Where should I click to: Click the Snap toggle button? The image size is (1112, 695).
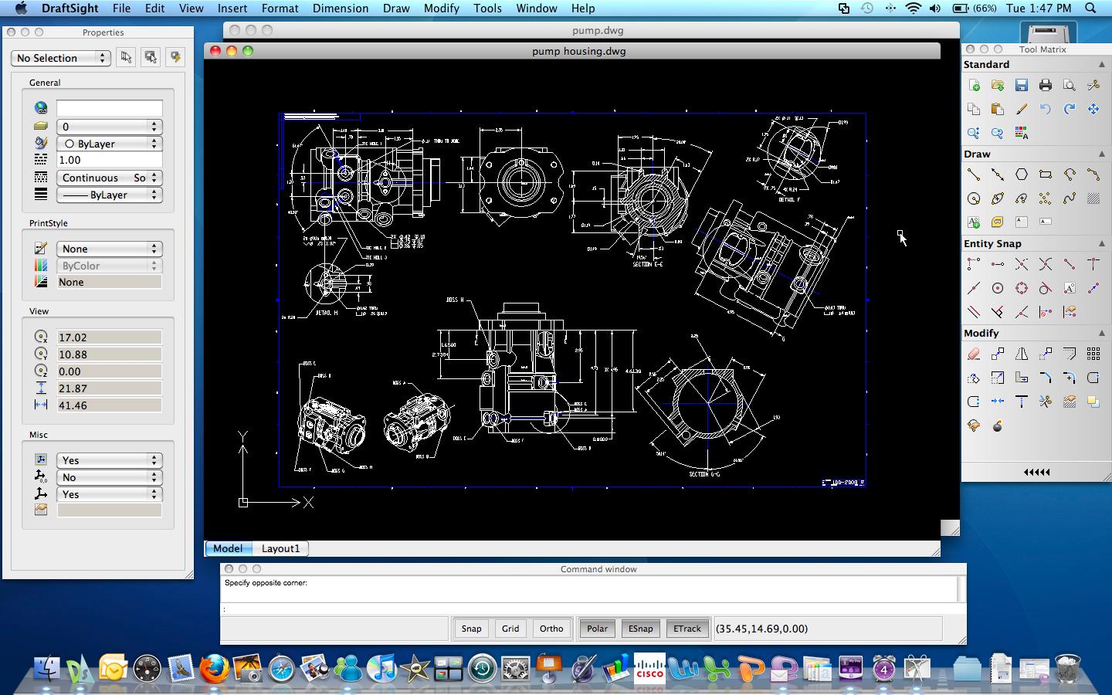coord(471,629)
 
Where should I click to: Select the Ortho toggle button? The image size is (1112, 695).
coord(551,629)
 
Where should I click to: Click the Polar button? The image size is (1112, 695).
coord(597,629)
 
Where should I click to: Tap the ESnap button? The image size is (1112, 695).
coord(640,629)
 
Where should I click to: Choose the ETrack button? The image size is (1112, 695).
coord(687,629)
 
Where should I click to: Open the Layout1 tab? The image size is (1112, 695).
coord(280,548)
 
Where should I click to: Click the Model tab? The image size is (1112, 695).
coord(228,548)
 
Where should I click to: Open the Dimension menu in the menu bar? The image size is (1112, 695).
coord(340,8)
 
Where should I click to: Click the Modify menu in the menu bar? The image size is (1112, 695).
coord(441,8)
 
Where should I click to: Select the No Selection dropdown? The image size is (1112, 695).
coord(61,58)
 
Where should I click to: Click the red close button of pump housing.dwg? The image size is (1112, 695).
coord(215,51)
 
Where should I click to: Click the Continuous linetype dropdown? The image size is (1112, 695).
coord(108,178)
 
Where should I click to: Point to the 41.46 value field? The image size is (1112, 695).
coord(109,405)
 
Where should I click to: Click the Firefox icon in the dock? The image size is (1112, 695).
coord(214,668)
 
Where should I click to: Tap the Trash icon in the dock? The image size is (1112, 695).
coord(1067,669)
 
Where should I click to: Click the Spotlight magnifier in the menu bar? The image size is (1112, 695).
coord(1090,8)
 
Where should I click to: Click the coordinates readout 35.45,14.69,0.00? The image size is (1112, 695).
coord(761,629)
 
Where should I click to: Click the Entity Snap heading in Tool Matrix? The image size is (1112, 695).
coord(992,244)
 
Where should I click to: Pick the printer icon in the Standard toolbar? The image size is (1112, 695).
coord(1045,86)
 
